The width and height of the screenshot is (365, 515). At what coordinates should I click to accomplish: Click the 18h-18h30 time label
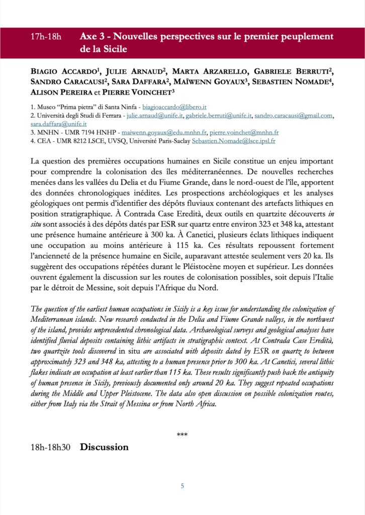click(50, 447)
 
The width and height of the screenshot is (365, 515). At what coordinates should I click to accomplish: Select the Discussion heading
click(104, 447)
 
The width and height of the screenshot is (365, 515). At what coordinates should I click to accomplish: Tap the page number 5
click(182, 486)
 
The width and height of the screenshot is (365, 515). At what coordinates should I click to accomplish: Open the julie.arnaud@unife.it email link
click(154, 116)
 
